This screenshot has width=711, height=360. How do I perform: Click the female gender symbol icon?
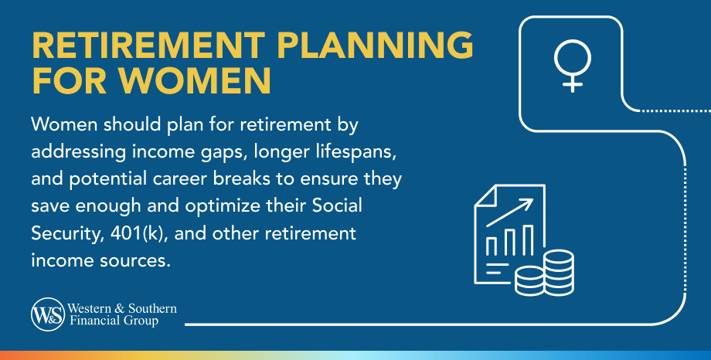click(572, 66)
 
